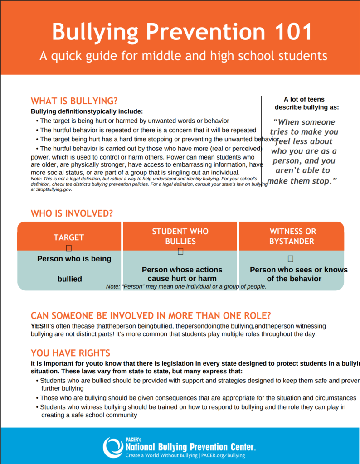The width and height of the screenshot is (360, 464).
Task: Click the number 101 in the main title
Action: click(289, 32)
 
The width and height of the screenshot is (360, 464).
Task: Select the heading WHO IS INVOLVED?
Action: click(72, 213)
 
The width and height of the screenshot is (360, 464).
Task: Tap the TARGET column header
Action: click(69, 237)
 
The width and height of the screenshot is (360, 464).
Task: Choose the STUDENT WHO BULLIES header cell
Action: click(180, 236)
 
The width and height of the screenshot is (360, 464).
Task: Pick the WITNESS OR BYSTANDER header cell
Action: click(292, 236)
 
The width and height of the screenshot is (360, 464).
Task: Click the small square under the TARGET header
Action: click(69, 248)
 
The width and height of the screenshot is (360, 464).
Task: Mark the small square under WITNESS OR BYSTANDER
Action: click(291, 259)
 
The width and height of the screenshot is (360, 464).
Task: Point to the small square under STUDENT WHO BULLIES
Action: click(180, 251)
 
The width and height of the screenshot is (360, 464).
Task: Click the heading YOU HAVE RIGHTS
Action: click(70, 353)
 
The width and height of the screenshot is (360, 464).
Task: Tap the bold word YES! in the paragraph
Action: click(38, 326)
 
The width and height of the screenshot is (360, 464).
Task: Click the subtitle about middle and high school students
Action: click(183, 56)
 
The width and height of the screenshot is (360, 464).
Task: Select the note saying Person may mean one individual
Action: click(186, 286)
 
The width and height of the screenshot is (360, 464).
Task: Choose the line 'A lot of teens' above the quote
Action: click(304, 99)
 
